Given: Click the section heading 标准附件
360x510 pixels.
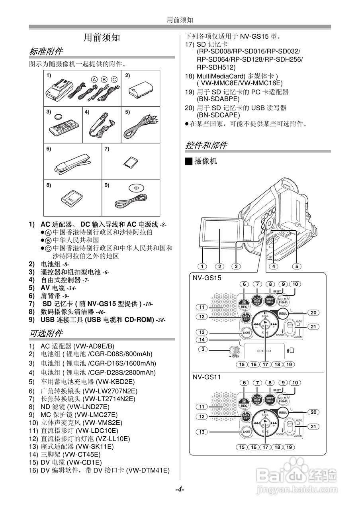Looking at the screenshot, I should click(46, 51).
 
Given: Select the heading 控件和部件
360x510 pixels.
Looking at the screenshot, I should click(206, 145).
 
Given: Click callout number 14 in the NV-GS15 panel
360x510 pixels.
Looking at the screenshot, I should click(202, 339).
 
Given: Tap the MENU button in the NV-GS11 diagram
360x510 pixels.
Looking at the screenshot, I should click(283, 412).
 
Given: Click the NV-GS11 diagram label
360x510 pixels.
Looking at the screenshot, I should click(207, 376).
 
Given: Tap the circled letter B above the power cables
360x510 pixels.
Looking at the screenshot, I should click(104, 79).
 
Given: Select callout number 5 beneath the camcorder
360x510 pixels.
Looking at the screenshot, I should click(297, 266).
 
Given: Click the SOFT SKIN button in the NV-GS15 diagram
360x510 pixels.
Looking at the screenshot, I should click(270, 300).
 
